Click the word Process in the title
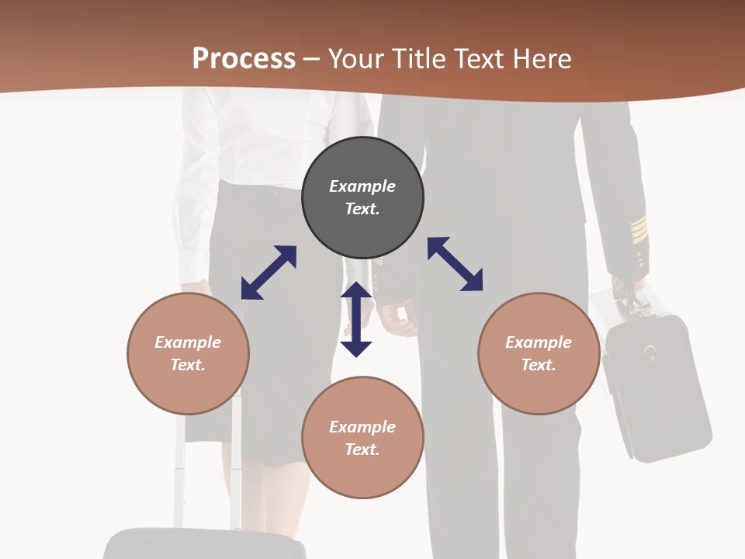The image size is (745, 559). pyautogui.click(x=244, y=59)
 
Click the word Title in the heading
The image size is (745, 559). pyautogui.click(x=417, y=59)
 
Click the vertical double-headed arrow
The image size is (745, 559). pyautogui.click(x=356, y=319)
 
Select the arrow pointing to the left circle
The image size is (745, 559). pyautogui.click(x=269, y=273)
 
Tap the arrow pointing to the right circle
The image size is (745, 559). pyautogui.click(x=455, y=264)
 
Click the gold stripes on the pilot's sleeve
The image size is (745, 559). pyautogui.click(x=638, y=229)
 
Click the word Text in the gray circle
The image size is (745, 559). pyautogui.click(x=362, y=209)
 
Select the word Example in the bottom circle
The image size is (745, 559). pyautogui.click(x=362, y=426)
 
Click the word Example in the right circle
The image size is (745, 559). pyautogui.click(x=539, y=342)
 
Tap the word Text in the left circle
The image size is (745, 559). pyautogui.click(x=188, y=365)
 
